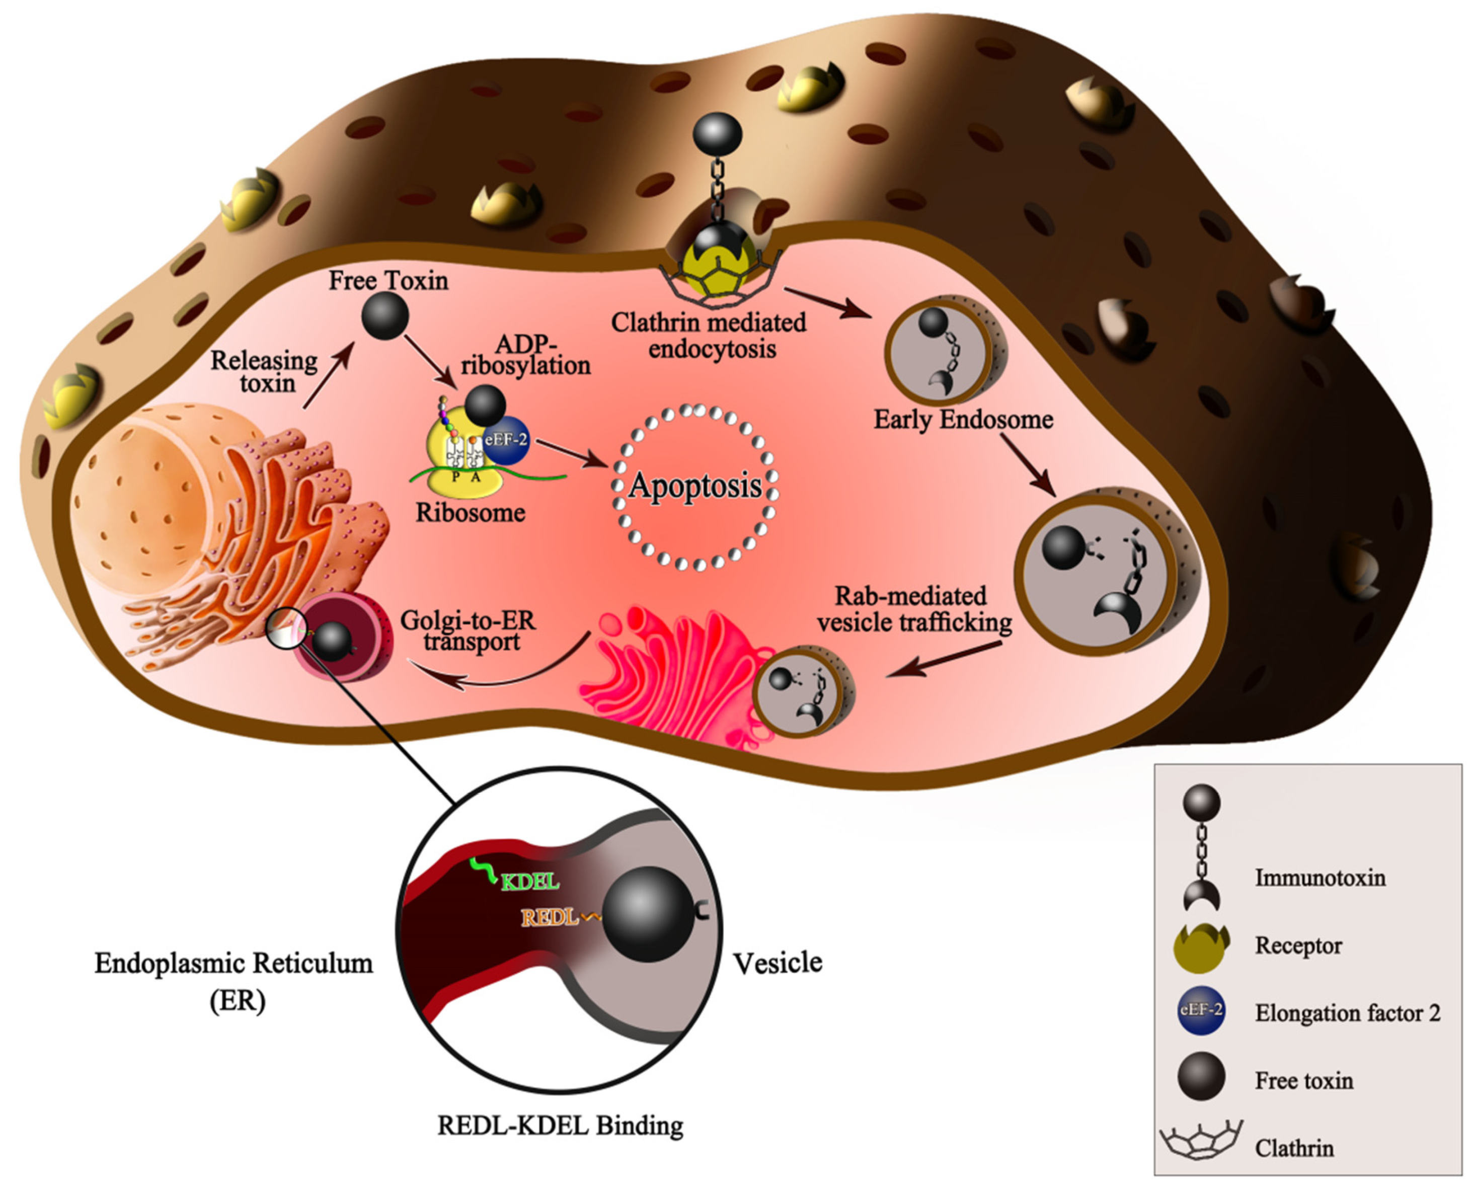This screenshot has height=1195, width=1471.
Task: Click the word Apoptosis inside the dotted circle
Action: [695, 486]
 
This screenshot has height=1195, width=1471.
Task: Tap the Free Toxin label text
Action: [388, 281]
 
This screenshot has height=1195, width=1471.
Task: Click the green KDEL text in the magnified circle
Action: [530, 882]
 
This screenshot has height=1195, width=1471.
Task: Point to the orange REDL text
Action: [550, 918]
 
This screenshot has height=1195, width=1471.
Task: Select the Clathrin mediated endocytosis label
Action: [709, 335]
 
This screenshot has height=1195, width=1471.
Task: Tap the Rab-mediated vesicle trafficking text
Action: [913, 609]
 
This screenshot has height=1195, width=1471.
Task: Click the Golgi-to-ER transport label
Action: [468, 630]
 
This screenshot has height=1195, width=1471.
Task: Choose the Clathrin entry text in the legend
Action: [1294, 1148]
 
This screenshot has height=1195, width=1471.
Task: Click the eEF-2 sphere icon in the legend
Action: [1200, 1011]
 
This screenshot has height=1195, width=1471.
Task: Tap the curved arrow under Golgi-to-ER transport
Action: [502, 671]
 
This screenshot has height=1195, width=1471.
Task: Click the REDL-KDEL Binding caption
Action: [560, 1126]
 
